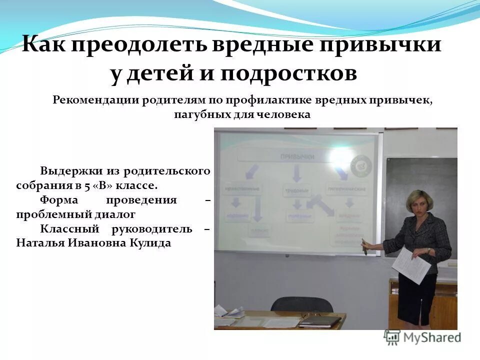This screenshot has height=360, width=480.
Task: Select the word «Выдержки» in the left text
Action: point(64,170)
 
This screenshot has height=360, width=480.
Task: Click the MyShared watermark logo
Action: point(422,336)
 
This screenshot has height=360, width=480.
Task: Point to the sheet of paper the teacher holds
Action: point(411,263)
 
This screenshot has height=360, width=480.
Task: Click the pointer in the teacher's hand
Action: point(365,247)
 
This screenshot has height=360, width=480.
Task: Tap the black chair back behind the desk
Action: point(294,305)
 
